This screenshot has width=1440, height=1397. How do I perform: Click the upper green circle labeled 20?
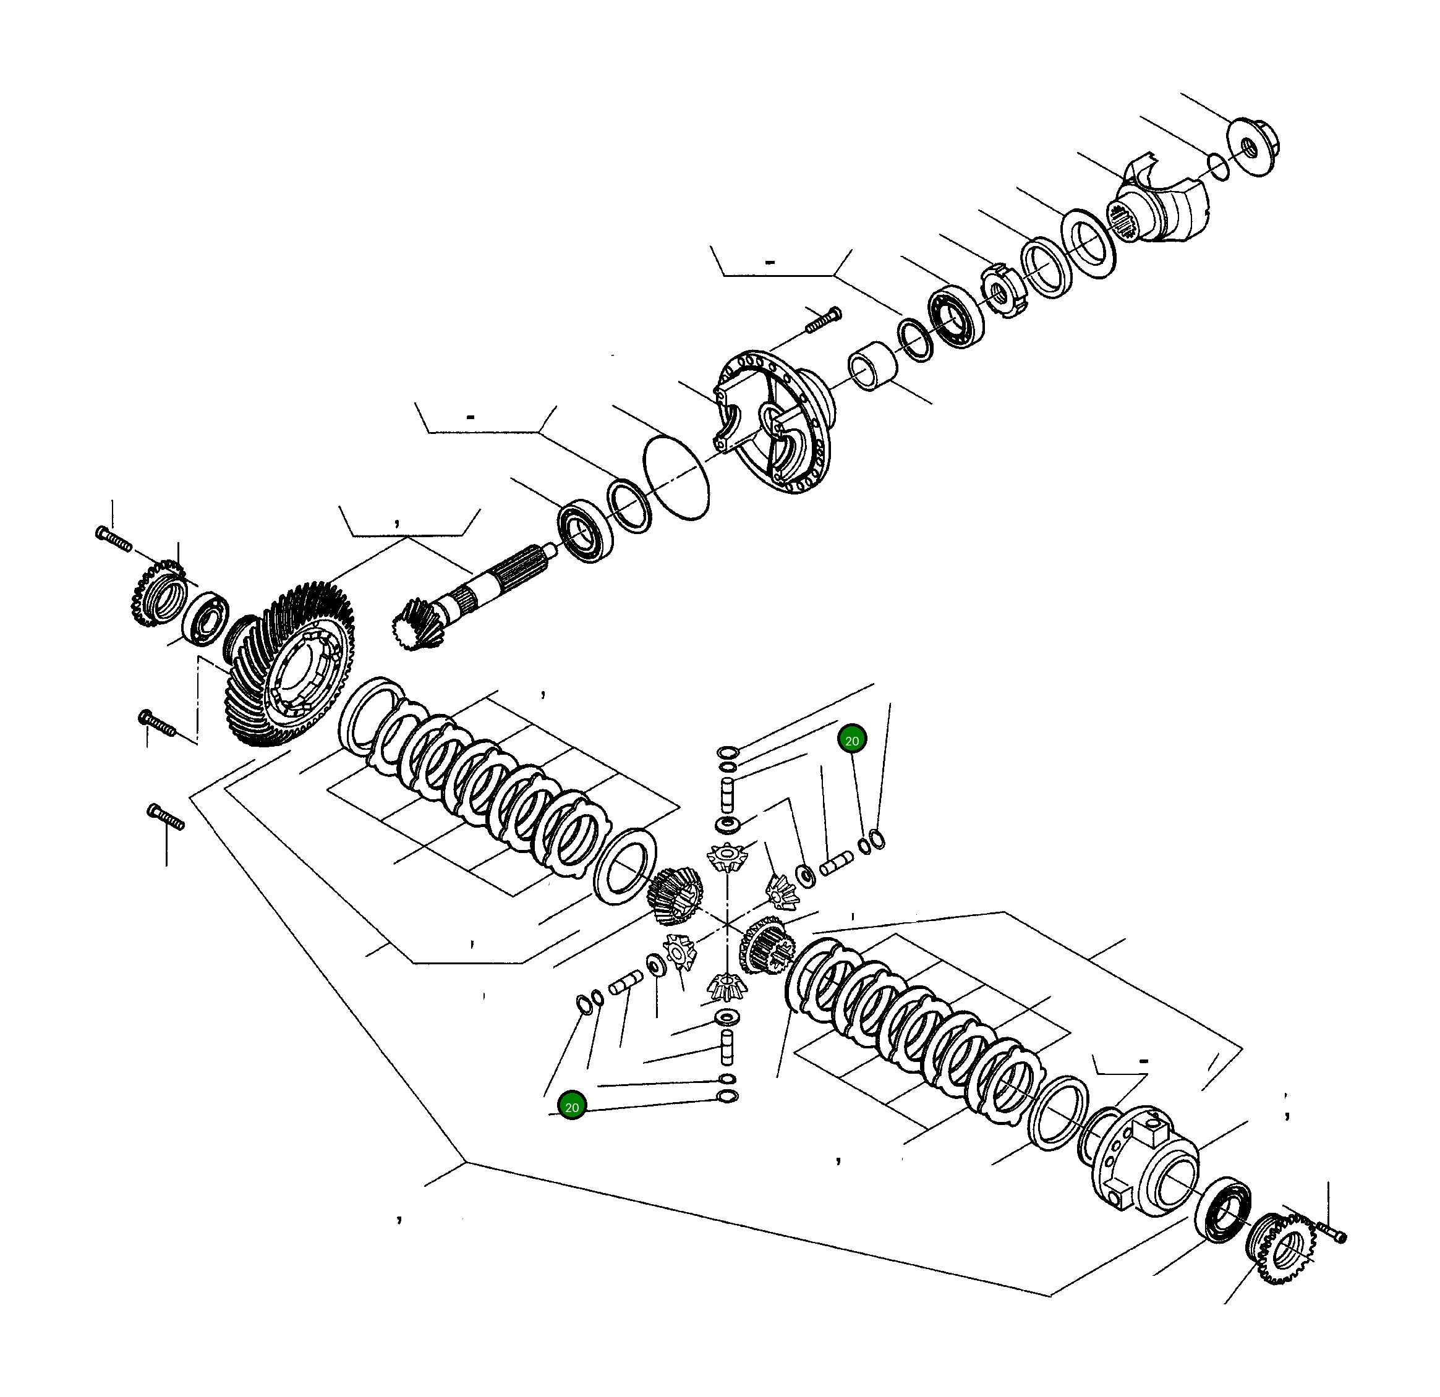tap(851, 741)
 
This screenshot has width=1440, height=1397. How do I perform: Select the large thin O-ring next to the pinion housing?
tap(676, 477)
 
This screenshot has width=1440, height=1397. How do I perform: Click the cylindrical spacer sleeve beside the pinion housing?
tap(874, 367)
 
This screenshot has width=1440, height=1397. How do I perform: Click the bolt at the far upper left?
tap(113, 538)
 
